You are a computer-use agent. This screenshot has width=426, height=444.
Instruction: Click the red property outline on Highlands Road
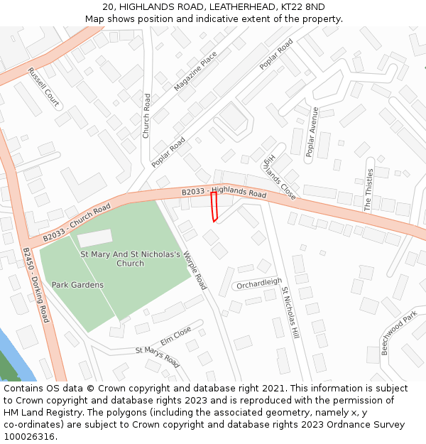214,206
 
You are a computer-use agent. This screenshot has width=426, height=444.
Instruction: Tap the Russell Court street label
43,87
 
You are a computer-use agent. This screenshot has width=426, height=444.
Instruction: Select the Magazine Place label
196,71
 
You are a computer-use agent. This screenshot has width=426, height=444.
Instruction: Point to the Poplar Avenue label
312,132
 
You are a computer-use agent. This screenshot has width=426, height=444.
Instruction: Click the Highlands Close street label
279,176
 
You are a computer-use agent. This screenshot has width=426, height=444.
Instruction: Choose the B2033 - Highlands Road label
224,193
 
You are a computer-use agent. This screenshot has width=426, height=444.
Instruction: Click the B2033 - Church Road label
77,222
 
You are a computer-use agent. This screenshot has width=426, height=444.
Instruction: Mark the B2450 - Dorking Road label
35,285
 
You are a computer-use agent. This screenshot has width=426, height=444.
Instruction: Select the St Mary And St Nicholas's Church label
130,259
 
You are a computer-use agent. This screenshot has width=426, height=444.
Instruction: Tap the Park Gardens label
77,285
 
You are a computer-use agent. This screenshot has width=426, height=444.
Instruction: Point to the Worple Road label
195,271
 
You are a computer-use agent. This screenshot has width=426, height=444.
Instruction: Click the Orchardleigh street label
259,283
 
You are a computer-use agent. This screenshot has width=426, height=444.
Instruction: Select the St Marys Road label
158,357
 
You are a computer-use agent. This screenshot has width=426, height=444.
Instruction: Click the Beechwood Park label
398,333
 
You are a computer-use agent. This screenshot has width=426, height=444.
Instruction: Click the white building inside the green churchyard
94,237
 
